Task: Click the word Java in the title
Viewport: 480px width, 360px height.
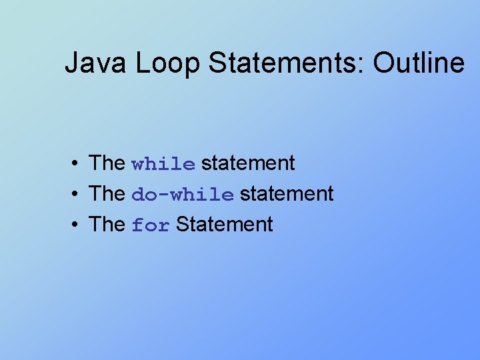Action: (97, 63)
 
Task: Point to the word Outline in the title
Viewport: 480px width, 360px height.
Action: (418, 63)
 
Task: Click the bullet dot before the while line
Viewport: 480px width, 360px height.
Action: (78, 163)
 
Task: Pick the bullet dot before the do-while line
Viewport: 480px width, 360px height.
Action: (78, 194)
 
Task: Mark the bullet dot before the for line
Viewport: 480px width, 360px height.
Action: (78, 225)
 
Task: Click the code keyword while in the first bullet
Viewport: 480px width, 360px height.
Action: (163, 164)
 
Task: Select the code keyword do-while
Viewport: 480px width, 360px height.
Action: (183, 195)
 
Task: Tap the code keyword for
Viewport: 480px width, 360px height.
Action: (151, 225)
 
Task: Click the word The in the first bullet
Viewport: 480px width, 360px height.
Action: (107, 163)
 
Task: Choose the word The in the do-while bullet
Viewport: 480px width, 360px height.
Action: (107, 193)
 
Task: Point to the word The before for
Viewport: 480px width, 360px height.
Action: (107, 224)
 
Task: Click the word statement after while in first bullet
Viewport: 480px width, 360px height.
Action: (248, 163)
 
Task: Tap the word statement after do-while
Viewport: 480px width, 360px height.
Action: (287, 193)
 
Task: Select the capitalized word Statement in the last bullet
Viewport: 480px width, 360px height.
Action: (225, 224)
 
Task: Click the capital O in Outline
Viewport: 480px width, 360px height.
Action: (384, 63)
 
